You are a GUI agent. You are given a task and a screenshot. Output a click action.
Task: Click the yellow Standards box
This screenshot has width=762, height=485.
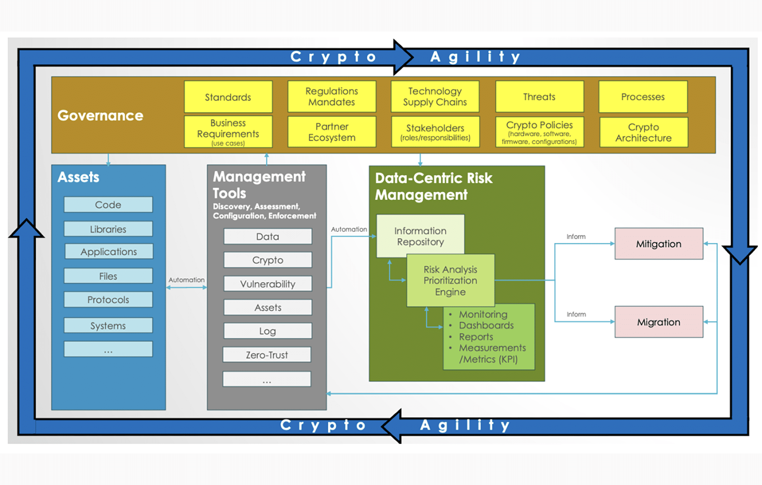click(228, 97)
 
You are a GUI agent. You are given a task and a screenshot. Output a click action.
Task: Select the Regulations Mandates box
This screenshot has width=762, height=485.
click(331, 97)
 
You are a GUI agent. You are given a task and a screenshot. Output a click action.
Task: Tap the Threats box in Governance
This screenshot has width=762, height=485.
click(539, 97)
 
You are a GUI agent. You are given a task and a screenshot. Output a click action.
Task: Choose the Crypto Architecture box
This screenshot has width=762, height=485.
click(643, 132)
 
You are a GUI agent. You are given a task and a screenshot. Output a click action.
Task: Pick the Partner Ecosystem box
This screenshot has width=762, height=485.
click(331, 132)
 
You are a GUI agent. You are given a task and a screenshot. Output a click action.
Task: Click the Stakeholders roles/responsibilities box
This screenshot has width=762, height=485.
click(435, 132)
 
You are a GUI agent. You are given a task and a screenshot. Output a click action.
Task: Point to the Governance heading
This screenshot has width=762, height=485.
click(100, 115)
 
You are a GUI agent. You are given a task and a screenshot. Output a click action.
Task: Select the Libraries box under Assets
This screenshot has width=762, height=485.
click(108, 229)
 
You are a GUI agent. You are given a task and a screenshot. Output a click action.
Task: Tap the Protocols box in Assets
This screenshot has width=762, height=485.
click(108, 300)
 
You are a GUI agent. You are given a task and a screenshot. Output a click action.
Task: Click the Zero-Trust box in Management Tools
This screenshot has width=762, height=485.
click(267, 355)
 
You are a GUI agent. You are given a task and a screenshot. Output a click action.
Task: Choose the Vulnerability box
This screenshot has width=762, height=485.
click(267, 284)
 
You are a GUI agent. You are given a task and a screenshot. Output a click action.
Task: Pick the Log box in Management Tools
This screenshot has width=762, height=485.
click(267, 331)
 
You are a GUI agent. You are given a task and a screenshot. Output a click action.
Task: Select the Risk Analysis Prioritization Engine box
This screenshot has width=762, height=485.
click(450, 281)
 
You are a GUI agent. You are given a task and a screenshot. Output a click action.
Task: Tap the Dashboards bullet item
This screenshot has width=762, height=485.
click(486, 325)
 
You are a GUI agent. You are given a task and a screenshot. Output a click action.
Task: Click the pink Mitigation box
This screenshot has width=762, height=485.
click(658, 244)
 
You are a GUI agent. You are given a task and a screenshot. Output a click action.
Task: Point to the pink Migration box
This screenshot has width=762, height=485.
click(658, 322)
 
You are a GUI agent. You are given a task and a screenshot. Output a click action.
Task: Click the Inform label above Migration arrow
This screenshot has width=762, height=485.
click(576, 314)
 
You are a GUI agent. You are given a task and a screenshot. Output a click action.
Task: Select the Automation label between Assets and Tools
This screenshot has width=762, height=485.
click(186, 280)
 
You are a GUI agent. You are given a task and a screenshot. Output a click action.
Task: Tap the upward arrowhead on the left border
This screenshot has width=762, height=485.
click(26, 229)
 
